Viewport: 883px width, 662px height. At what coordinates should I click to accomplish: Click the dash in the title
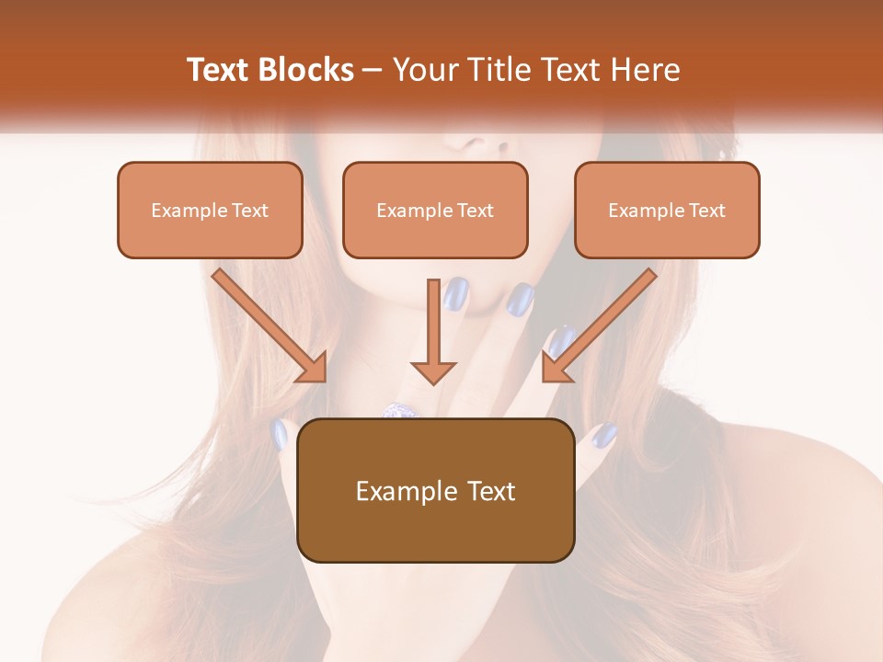coord(373,71)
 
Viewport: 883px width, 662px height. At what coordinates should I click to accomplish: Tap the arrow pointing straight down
coord(432,331)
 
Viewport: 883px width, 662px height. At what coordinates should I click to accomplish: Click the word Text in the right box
coord(707,211)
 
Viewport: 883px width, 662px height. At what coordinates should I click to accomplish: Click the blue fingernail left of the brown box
coord(280,433)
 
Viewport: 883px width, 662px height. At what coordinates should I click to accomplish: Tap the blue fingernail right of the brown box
coord(602,434)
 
